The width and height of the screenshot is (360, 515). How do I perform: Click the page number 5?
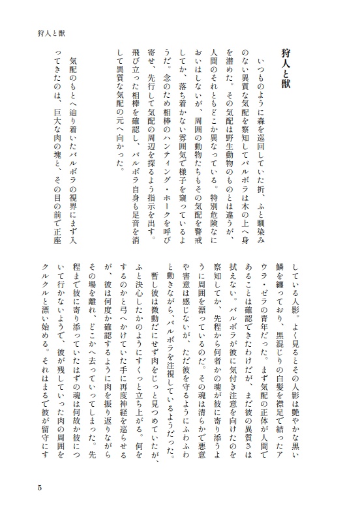[x=40, y=487]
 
